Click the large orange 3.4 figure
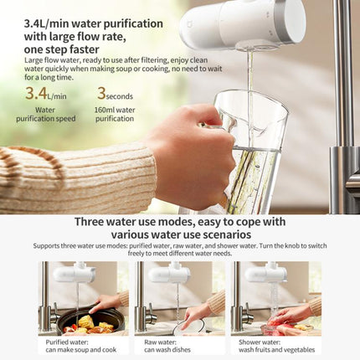[x=36, y=93]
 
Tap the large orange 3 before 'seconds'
[x=101, y=93]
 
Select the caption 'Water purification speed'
[x=45, y=114]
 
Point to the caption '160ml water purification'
[x=115, y=114]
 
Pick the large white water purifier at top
[x=242, y=23]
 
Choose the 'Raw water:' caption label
[x=160, y=342]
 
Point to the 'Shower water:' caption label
[x=260, y=342]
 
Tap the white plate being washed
[x=190, y=327]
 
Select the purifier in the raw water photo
[x=165, y=275]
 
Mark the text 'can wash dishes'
[x=167, y=350]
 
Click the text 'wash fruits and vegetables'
[x=276, y=350]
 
